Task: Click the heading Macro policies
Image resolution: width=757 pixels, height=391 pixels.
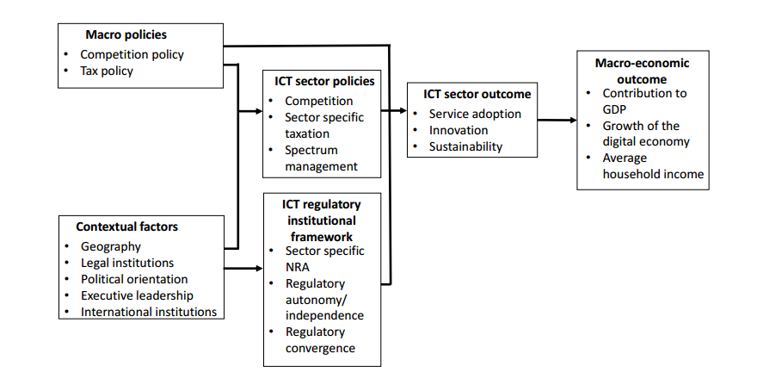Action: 126,35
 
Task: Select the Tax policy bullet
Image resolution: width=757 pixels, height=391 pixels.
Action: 107,71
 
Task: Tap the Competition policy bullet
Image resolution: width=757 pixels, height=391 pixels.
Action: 132,54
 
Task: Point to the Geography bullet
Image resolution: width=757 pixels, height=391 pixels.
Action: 111,246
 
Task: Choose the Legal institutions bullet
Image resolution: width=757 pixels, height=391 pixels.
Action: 127,263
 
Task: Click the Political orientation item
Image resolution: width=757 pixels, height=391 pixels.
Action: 134,279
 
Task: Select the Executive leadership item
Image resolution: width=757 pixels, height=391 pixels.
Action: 137,295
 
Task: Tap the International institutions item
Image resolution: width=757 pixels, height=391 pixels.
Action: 149,312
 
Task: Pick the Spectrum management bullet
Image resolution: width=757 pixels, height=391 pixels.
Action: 321,158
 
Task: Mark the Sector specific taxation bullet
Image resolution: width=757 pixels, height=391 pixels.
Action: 324,125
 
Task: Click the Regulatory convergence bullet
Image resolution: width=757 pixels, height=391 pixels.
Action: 320,339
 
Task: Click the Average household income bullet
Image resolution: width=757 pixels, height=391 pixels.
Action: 653,166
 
